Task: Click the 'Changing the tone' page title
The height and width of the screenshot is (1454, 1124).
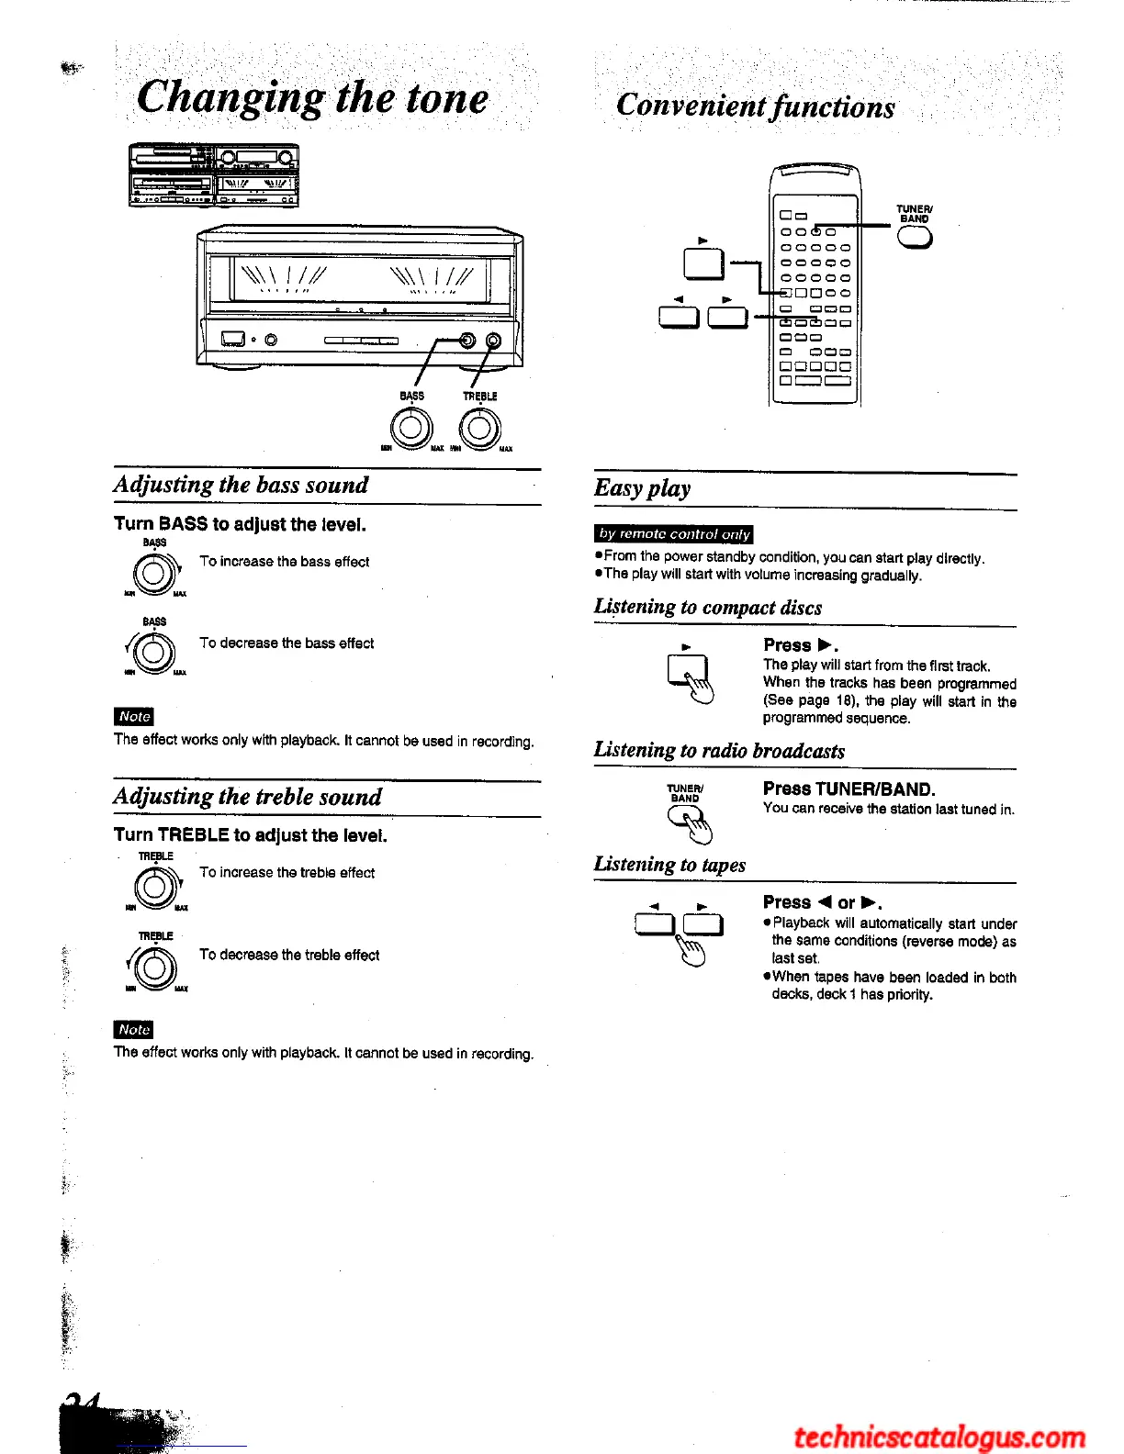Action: click(312, 97)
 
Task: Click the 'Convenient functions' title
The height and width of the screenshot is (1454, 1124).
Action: click(755, 106)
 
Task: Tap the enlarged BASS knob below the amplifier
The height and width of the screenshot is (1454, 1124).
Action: click(411, 427)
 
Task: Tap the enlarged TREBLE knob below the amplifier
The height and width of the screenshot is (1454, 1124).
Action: click(480, 427)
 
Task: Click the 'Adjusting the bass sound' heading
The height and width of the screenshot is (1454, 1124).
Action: click(241, 485)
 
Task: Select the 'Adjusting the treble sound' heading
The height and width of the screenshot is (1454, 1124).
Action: click(247, 796)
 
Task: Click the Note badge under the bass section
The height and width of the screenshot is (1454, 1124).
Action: click(134, 716)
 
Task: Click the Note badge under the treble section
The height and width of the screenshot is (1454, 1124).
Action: click(134, 1029)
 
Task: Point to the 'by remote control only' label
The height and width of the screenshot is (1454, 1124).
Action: click(674, 533)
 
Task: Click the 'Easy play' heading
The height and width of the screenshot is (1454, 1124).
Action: click(642, 488)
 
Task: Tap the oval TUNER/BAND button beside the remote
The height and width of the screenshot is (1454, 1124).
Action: click(915, 238)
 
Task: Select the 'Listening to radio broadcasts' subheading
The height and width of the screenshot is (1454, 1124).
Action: click(719, 751)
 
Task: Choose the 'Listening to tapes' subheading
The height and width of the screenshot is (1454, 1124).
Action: click(669, 865)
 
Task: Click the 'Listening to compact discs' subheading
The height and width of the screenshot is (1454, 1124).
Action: click(708, 608)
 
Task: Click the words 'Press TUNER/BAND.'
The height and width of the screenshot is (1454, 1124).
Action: click(849, 789)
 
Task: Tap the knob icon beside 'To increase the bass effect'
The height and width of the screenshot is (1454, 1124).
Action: click(154, 575)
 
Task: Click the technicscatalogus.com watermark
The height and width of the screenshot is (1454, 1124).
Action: click(939, 1437)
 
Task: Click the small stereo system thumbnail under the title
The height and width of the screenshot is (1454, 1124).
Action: click(213, 175)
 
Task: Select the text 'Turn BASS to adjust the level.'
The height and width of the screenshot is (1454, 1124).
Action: click(240, 524)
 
